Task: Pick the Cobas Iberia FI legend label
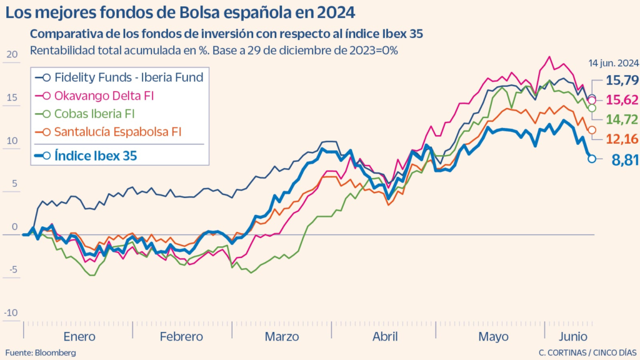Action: [x=94, y=114]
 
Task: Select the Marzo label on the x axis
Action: [x=281, y=336]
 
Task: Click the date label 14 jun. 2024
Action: [x=613, y=63]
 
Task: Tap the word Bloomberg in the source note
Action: [x=56, y=352]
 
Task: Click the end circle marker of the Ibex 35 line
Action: [x=591, y=159]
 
